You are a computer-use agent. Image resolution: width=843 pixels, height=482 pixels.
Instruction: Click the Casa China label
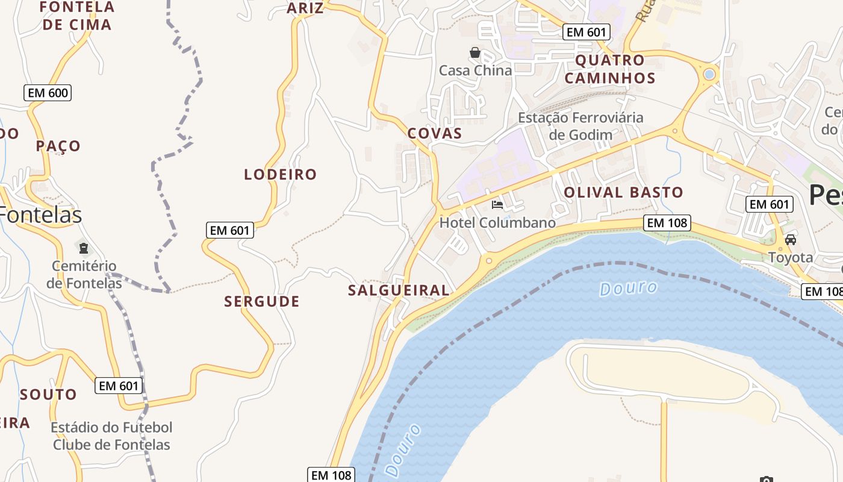click(475, 70)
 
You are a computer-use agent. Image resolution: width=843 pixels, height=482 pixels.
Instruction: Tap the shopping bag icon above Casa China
click(475, 52)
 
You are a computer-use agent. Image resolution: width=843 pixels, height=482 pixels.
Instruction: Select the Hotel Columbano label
click(497, 223)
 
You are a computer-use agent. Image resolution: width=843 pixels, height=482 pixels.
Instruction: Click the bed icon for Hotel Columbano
click(497, 205)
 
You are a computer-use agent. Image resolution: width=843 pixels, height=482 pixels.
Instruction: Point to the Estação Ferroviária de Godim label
click(580, 126)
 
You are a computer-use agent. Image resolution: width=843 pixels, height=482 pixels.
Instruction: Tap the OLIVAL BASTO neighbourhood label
click(623, 193)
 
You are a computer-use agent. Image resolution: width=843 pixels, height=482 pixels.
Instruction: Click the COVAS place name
click(435, 134)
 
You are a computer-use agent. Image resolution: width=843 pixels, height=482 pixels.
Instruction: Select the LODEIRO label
click(280, 175)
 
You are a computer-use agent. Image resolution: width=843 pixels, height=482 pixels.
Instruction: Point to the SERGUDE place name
click(262, 302)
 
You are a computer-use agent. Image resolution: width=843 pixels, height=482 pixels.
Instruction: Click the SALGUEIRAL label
click(399, 290)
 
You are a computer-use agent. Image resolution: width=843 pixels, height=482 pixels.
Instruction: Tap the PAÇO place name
click(58, 146)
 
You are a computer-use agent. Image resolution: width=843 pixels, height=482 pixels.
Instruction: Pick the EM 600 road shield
click(48, 93)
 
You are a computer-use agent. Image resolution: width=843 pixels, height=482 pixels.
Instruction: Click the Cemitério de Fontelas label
click(84, 274)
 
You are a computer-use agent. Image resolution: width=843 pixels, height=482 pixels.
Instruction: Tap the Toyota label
click(790, 258)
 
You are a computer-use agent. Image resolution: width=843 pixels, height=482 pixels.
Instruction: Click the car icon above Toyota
click(791, 240)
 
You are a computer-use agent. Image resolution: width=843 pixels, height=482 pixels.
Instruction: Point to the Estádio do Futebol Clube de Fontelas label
click(111, 436)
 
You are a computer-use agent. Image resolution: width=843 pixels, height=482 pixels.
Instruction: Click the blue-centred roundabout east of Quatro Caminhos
click(709, 74)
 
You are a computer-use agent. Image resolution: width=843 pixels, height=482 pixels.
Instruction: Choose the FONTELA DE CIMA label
click(76, 16)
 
